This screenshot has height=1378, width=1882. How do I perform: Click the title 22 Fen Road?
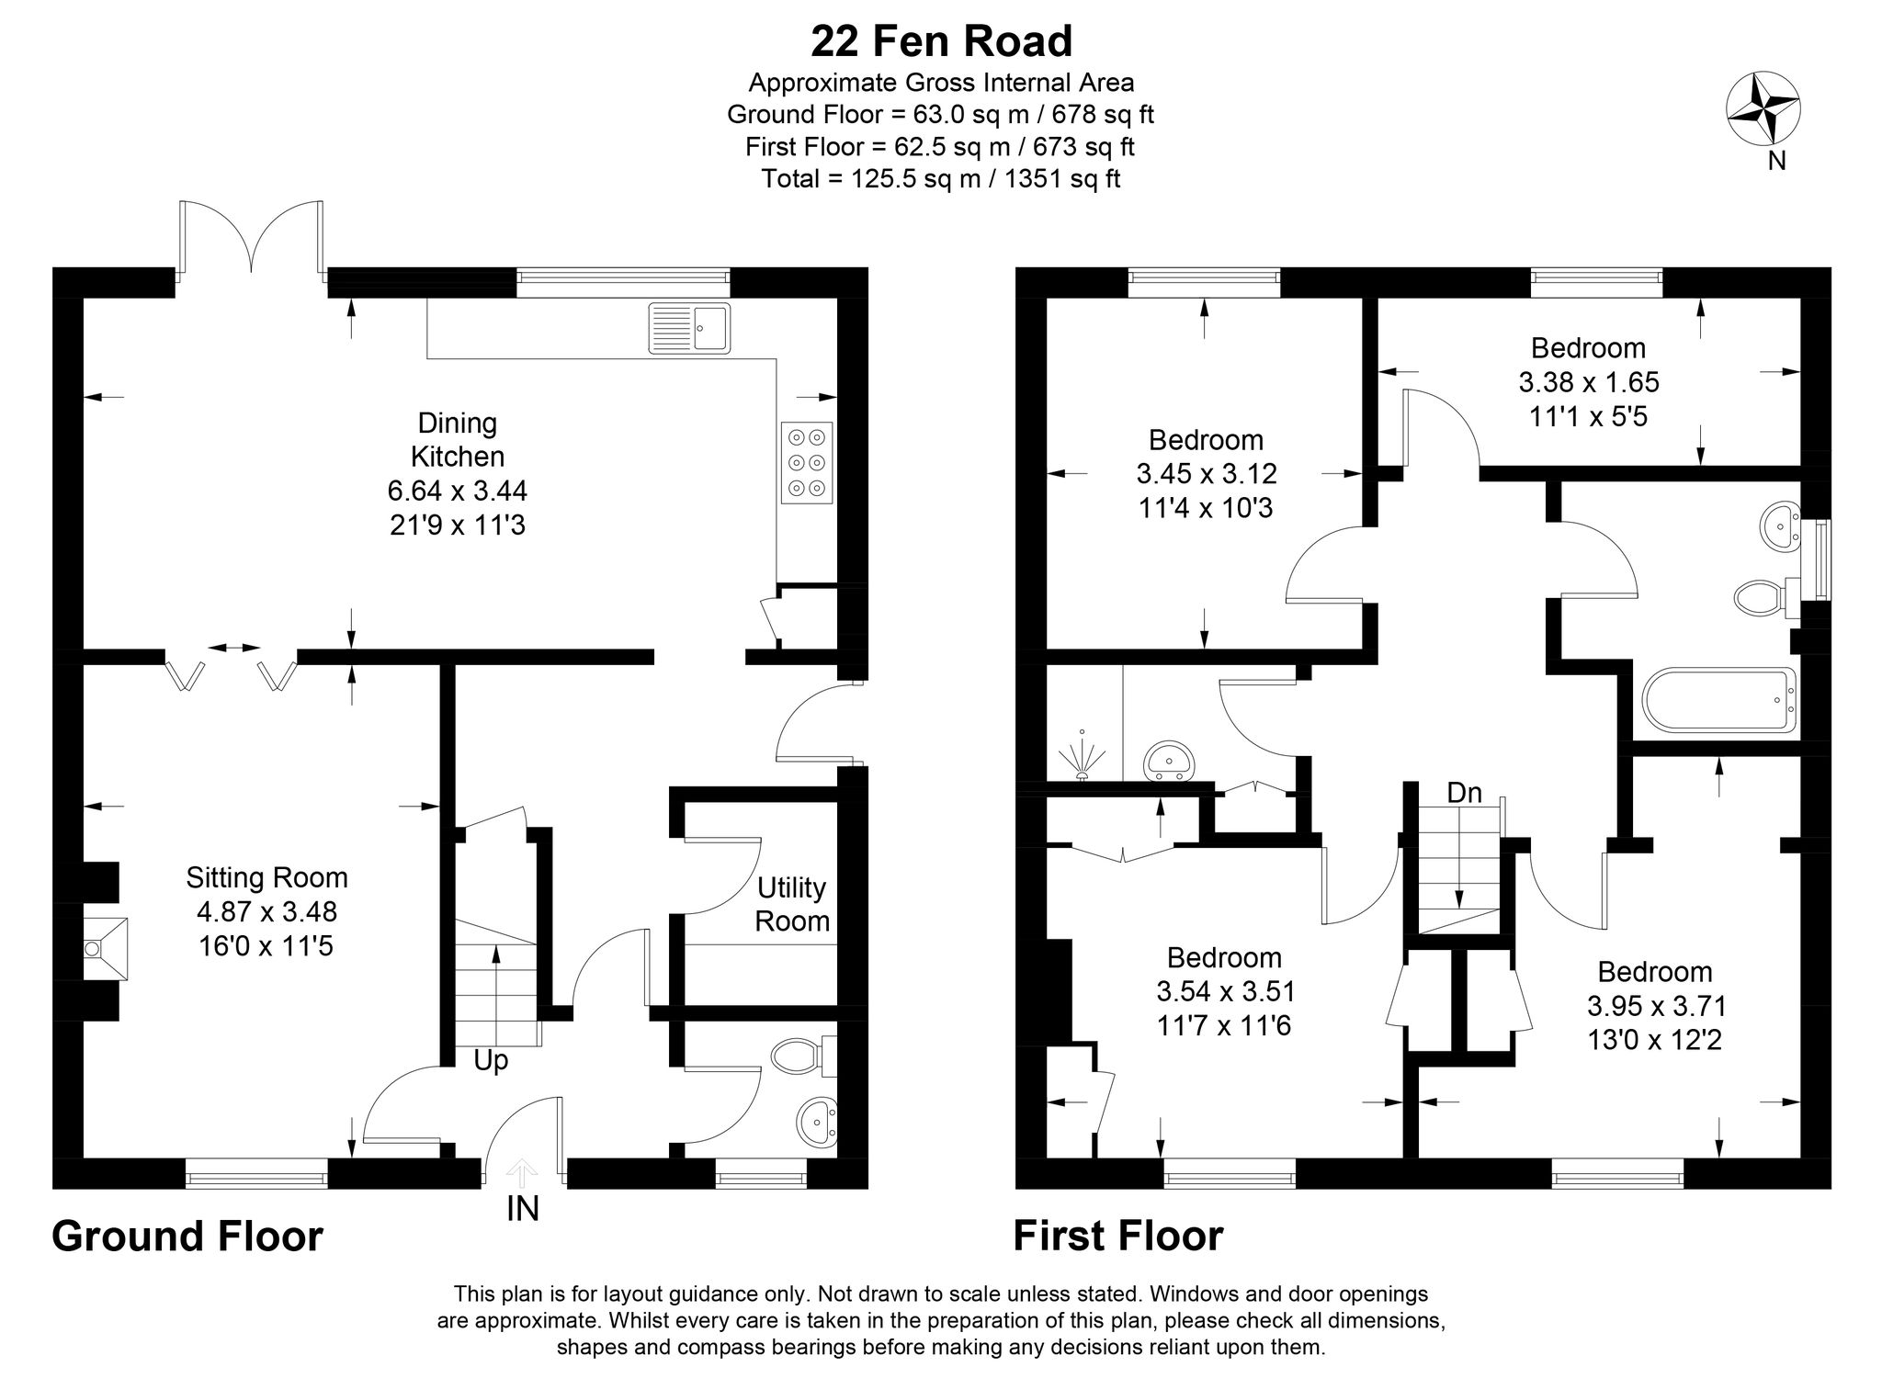click(x=941, y=42)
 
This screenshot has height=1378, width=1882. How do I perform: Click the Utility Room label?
click(x=791, y=904)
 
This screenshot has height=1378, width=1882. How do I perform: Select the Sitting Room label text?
click(x=266, y=877)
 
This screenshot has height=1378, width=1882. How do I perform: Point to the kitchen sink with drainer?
click(x=689, y=328)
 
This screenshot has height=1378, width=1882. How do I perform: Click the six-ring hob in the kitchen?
click(x=807, y=463)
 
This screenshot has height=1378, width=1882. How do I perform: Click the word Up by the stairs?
click(x=491, y=1061)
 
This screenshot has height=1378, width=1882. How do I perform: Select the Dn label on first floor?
click(x=1464, y=793)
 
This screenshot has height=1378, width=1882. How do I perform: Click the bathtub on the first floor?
click(x=1718, y=702)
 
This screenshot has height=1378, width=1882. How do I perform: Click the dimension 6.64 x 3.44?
click(x=457, y=491)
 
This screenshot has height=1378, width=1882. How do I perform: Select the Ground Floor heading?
click(x=187, y=1237)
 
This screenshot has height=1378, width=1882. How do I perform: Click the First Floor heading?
click(x=1117, y=1237)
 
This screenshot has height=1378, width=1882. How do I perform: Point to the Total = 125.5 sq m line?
click(x=941, y=178)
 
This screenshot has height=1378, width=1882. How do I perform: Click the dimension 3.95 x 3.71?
click(x=1656, y=1006)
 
